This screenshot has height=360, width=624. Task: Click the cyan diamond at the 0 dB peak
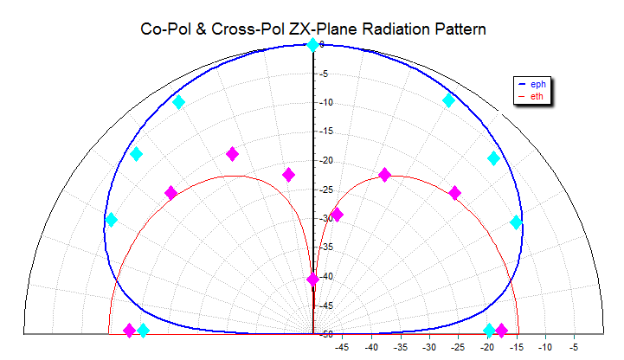pos(312,44)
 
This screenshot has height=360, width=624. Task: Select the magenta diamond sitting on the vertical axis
pos(312,280)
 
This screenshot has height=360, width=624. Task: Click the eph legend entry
pos(537,84)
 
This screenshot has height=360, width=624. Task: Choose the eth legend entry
pos(537,96)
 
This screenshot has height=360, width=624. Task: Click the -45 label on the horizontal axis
pos(343,348)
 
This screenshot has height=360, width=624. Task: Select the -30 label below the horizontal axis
pos(429,348)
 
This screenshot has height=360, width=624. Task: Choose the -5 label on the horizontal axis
pos(574,348)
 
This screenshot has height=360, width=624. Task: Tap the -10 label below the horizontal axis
pos(545,348)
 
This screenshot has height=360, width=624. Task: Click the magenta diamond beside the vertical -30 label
pos(337,215)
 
